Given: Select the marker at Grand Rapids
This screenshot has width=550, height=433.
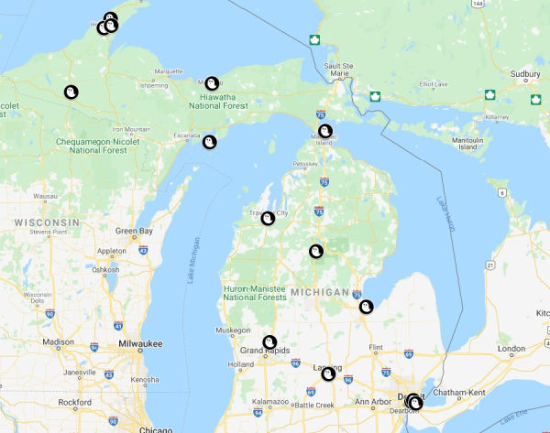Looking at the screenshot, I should tap(269, 342).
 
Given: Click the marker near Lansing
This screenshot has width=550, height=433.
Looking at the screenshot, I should tap(327, 373).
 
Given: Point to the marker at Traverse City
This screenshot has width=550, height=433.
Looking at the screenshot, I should tap(268, 218).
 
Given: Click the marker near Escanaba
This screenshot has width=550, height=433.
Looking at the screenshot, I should tap(209, 142).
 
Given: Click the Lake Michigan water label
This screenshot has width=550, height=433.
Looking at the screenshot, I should tap(193, 266).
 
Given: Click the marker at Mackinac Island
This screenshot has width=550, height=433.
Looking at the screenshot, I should tap(325, 131).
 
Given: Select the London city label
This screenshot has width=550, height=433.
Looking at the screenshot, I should tap(511, 348).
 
